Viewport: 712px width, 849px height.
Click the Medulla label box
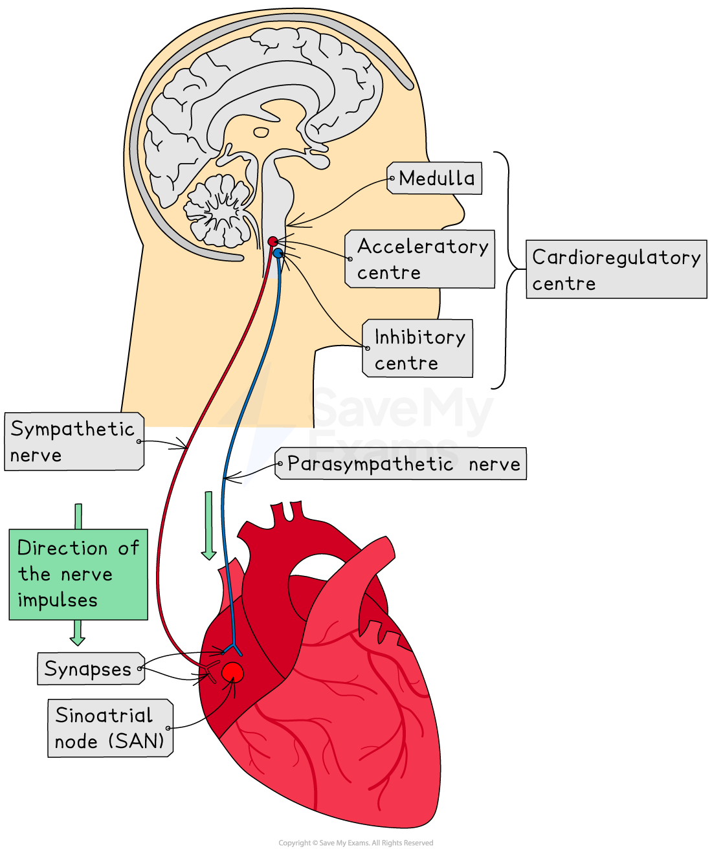tap(435, 178)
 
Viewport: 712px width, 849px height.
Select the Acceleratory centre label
tap(421, 259)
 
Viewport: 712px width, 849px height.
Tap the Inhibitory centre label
tap(418, 349)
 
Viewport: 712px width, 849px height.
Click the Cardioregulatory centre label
tap(616, 269)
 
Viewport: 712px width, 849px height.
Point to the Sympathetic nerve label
tap(73, 441)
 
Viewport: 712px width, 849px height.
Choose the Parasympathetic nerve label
tap(402, 464)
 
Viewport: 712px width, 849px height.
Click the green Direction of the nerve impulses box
tap(78, 574)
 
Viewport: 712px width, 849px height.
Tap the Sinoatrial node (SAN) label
tap(109, 728)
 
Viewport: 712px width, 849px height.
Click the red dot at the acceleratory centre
tap(273, 242)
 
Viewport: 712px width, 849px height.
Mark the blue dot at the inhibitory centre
tap(278, 253)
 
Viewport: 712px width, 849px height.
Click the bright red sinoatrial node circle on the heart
tap(232, 673)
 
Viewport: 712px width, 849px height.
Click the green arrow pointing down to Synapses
tap(78, 633)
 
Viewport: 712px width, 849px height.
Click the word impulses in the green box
tap(58, 601)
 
